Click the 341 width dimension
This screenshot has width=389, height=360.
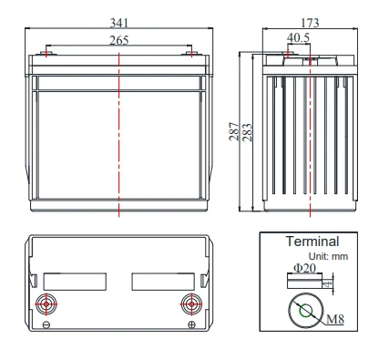click(119, 23)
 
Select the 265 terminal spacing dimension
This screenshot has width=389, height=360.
click(119, 40)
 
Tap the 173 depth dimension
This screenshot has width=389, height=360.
click(310, 23)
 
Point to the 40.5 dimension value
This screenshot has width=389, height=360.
click(298, 37)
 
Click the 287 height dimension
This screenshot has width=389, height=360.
click(233, 131)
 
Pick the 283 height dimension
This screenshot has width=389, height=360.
click(247, 132)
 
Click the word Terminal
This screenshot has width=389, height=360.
click(312, 242)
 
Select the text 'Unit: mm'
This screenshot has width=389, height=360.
click(328, 256)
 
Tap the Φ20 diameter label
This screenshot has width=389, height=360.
click(304, 268)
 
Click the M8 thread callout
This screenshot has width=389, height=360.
click(335, 319)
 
